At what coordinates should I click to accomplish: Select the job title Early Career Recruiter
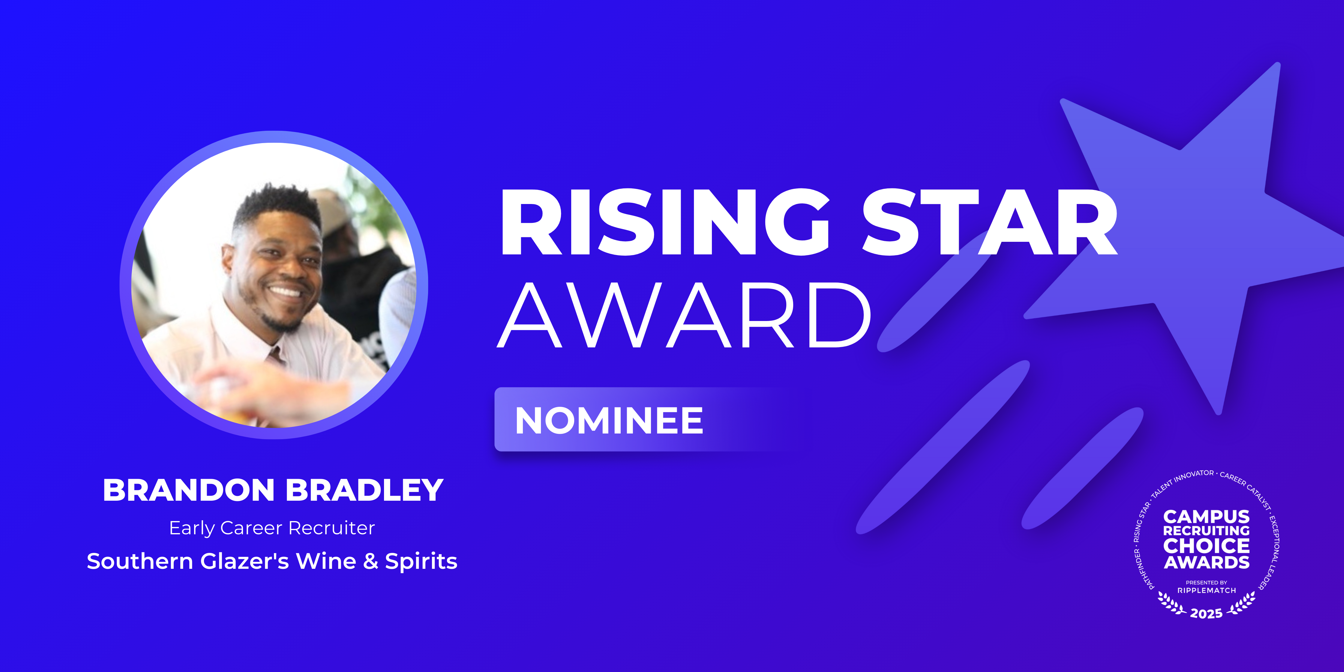(272, 528)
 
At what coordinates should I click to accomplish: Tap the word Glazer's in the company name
(245, 561)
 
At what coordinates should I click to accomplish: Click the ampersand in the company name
(370, 561)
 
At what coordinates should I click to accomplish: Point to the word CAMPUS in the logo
(1206, 517)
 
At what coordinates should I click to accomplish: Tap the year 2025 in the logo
(1206, 613)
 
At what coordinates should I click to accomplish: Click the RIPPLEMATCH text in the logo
(1206, 591)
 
